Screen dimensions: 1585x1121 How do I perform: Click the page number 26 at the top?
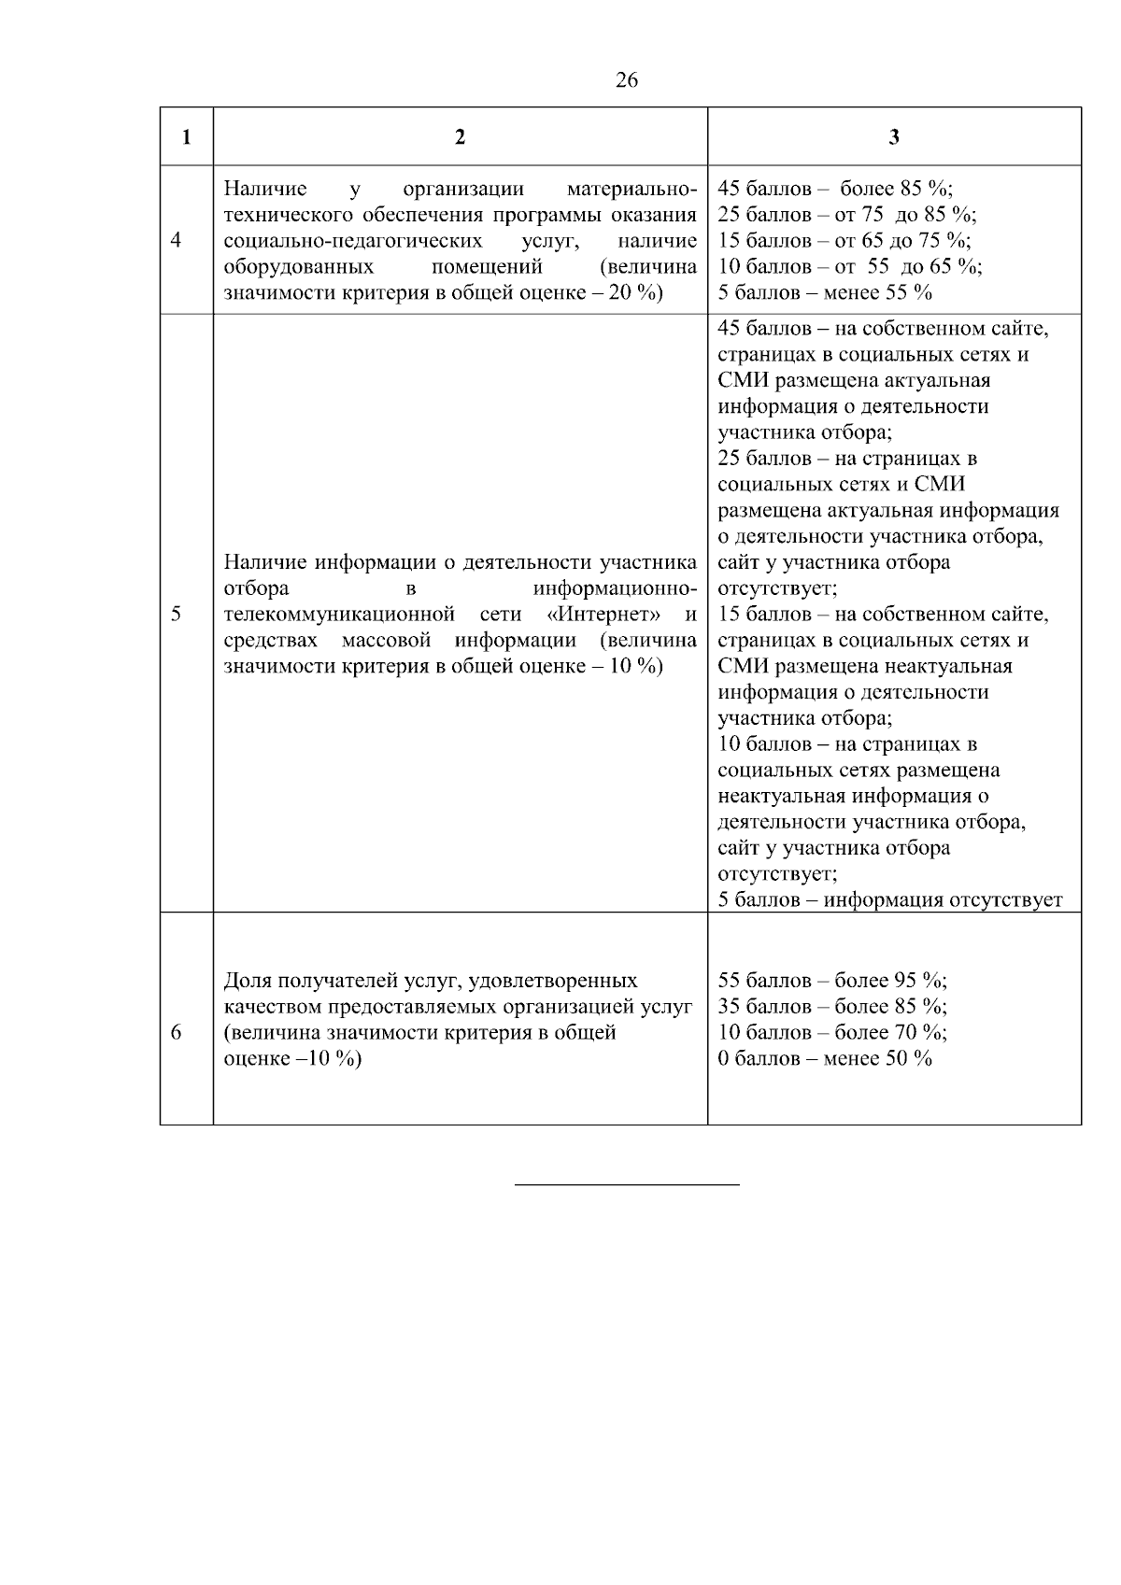pos(627,80)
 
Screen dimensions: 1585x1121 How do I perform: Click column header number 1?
pos(187,137)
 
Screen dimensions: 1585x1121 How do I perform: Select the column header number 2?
pos(460,137)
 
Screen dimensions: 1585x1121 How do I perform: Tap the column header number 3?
pos(894,137)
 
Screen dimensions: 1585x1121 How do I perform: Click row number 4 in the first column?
pos(177,240)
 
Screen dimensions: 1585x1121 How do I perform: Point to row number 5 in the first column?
pos(177,614)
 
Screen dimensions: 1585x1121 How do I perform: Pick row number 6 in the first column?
pos(177,1032)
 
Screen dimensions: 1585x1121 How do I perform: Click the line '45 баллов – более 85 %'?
pos(835,189)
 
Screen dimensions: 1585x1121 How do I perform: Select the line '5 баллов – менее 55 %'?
pos(825,292)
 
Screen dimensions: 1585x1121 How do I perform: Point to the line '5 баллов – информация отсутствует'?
pos(890,900)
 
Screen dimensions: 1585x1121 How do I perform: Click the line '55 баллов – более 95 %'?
pos(832,981)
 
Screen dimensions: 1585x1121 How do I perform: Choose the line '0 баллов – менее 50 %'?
pos(825,1058)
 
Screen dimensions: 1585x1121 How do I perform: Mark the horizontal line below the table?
pos(627,1184)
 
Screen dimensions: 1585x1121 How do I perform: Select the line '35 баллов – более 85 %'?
pos(832,1007)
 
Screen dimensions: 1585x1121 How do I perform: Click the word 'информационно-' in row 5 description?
pos(615,588)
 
